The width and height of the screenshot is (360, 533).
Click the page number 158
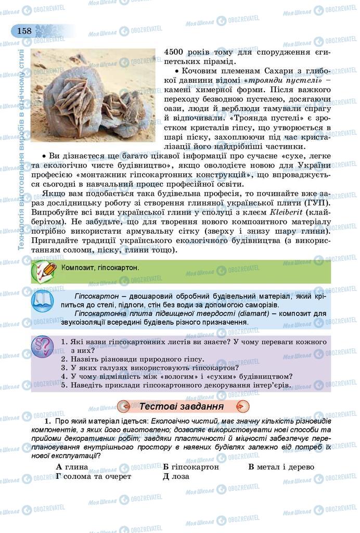pyautogui.click(x=24, y=31)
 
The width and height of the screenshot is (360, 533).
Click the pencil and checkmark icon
pyautogui.click(x=44, y=271)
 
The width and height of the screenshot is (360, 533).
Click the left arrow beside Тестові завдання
pyautogui.click(x=124, y=406)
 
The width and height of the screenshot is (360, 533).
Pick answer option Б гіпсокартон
pyautogui.click(x=190, y=467)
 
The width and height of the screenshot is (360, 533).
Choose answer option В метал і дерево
pyautogui.click(x=281, y=467)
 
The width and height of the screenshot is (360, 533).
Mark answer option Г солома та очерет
pyautogui.click(x=93, y=476)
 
